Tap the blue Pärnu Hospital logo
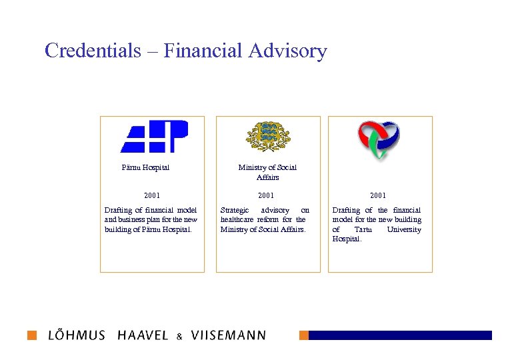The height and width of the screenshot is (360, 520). [154, 137]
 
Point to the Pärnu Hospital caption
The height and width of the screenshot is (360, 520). [145, 167]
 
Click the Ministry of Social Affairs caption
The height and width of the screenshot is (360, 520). [267, 172]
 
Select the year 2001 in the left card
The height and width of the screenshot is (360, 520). [152, 195]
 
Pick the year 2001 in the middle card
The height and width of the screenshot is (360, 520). [266, 195]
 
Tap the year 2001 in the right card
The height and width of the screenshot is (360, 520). [378, 195]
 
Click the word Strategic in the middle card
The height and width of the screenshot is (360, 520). [235, 210]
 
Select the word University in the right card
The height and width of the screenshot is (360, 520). [404, 229]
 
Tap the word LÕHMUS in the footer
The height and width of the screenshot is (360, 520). [77, 335]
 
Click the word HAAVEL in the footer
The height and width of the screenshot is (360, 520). [143, 335]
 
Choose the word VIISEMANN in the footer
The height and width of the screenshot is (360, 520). [228, 335]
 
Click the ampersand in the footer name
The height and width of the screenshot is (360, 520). [179, 337]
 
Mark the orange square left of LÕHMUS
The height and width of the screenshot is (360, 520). [32, 335]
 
